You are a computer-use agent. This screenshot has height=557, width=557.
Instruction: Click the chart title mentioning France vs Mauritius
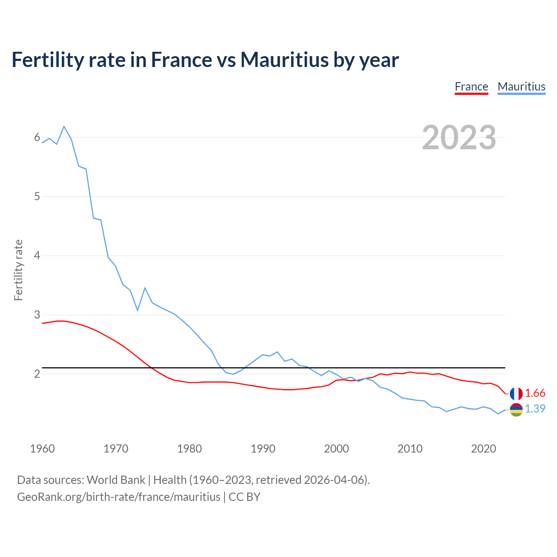pos(205,60)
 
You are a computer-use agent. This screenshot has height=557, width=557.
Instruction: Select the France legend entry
pos(471,87)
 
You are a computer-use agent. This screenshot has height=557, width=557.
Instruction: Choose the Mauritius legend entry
pos(521,87)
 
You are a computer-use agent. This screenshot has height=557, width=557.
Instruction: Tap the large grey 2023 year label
pos(459,138)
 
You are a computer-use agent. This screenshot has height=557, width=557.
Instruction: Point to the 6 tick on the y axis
pos(37,138)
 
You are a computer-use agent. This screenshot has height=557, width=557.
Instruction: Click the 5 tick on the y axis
pos(37,197)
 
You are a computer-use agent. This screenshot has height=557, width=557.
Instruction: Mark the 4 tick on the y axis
pos(37,255)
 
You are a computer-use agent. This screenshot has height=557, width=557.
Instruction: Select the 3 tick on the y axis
pos(37,315)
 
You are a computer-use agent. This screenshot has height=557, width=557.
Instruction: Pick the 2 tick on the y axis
pos(37,374)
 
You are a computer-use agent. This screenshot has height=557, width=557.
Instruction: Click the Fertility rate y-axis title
pos(18,270)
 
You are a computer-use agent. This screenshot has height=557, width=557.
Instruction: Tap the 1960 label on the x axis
pos(42,449)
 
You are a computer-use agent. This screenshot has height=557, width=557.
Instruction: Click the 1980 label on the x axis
pos(189,449)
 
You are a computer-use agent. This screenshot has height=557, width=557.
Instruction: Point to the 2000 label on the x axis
pos(336,449)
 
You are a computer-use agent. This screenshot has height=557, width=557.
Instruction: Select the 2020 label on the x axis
pos(483,449)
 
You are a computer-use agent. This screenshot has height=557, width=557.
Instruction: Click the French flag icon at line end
pos(516,393)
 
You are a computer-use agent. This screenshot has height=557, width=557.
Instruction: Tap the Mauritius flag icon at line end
pos(516,409)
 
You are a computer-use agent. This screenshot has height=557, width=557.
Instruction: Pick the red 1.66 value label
pos(535,393)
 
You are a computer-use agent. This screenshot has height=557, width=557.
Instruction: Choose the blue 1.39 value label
pos(535,409)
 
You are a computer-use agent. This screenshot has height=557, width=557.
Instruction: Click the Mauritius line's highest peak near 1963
pos(64,127)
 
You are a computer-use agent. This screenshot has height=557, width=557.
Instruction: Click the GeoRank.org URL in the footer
pos(118,497)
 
